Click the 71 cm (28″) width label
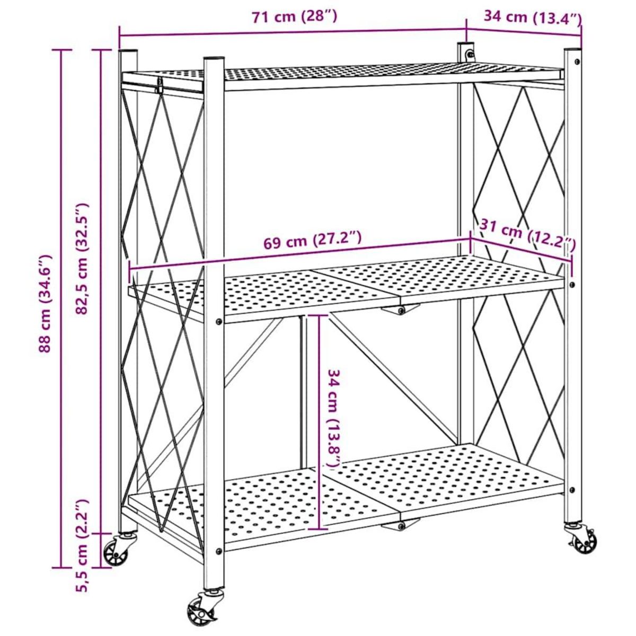[x=294, y=17]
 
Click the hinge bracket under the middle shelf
[x=401, y=310]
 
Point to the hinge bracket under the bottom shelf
[x=401, y=525]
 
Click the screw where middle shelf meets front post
[x=219, y=321]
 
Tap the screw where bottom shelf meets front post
[x=219, y=551]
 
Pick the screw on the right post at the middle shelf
[x=572, y=285]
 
